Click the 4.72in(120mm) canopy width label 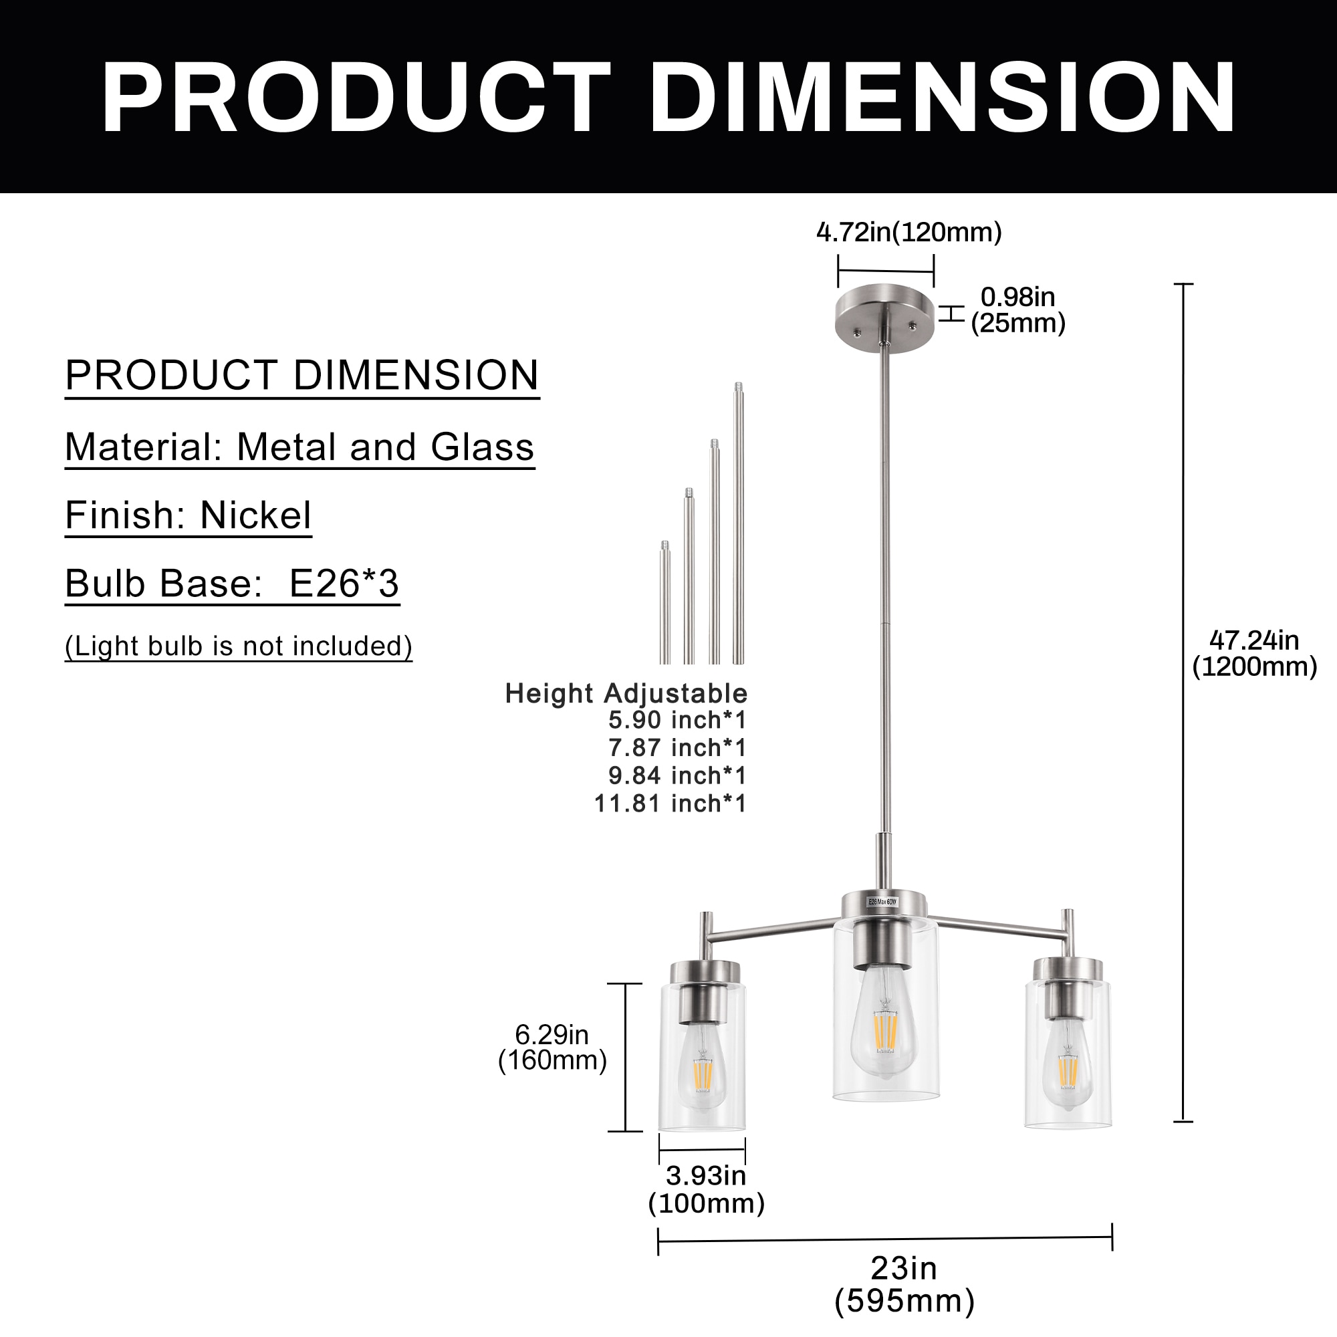pos(908,233)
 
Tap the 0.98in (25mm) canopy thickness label pos(1017,310)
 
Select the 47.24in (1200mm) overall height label pos(1254,653)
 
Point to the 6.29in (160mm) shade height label pos(552,1047)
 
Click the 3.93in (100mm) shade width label pos(706,1189)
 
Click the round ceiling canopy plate pos(884,318)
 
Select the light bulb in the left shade pos(702,1066)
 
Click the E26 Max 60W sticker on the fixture pos(882,902)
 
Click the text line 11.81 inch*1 pos(671,804)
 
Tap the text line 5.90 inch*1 pos(677,721)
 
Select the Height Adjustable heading pos(626,693)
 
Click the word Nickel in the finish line pos(255,515)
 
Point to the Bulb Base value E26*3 pos(344,584)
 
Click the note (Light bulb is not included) pos(239,646)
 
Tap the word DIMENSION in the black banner pos(943,97)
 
